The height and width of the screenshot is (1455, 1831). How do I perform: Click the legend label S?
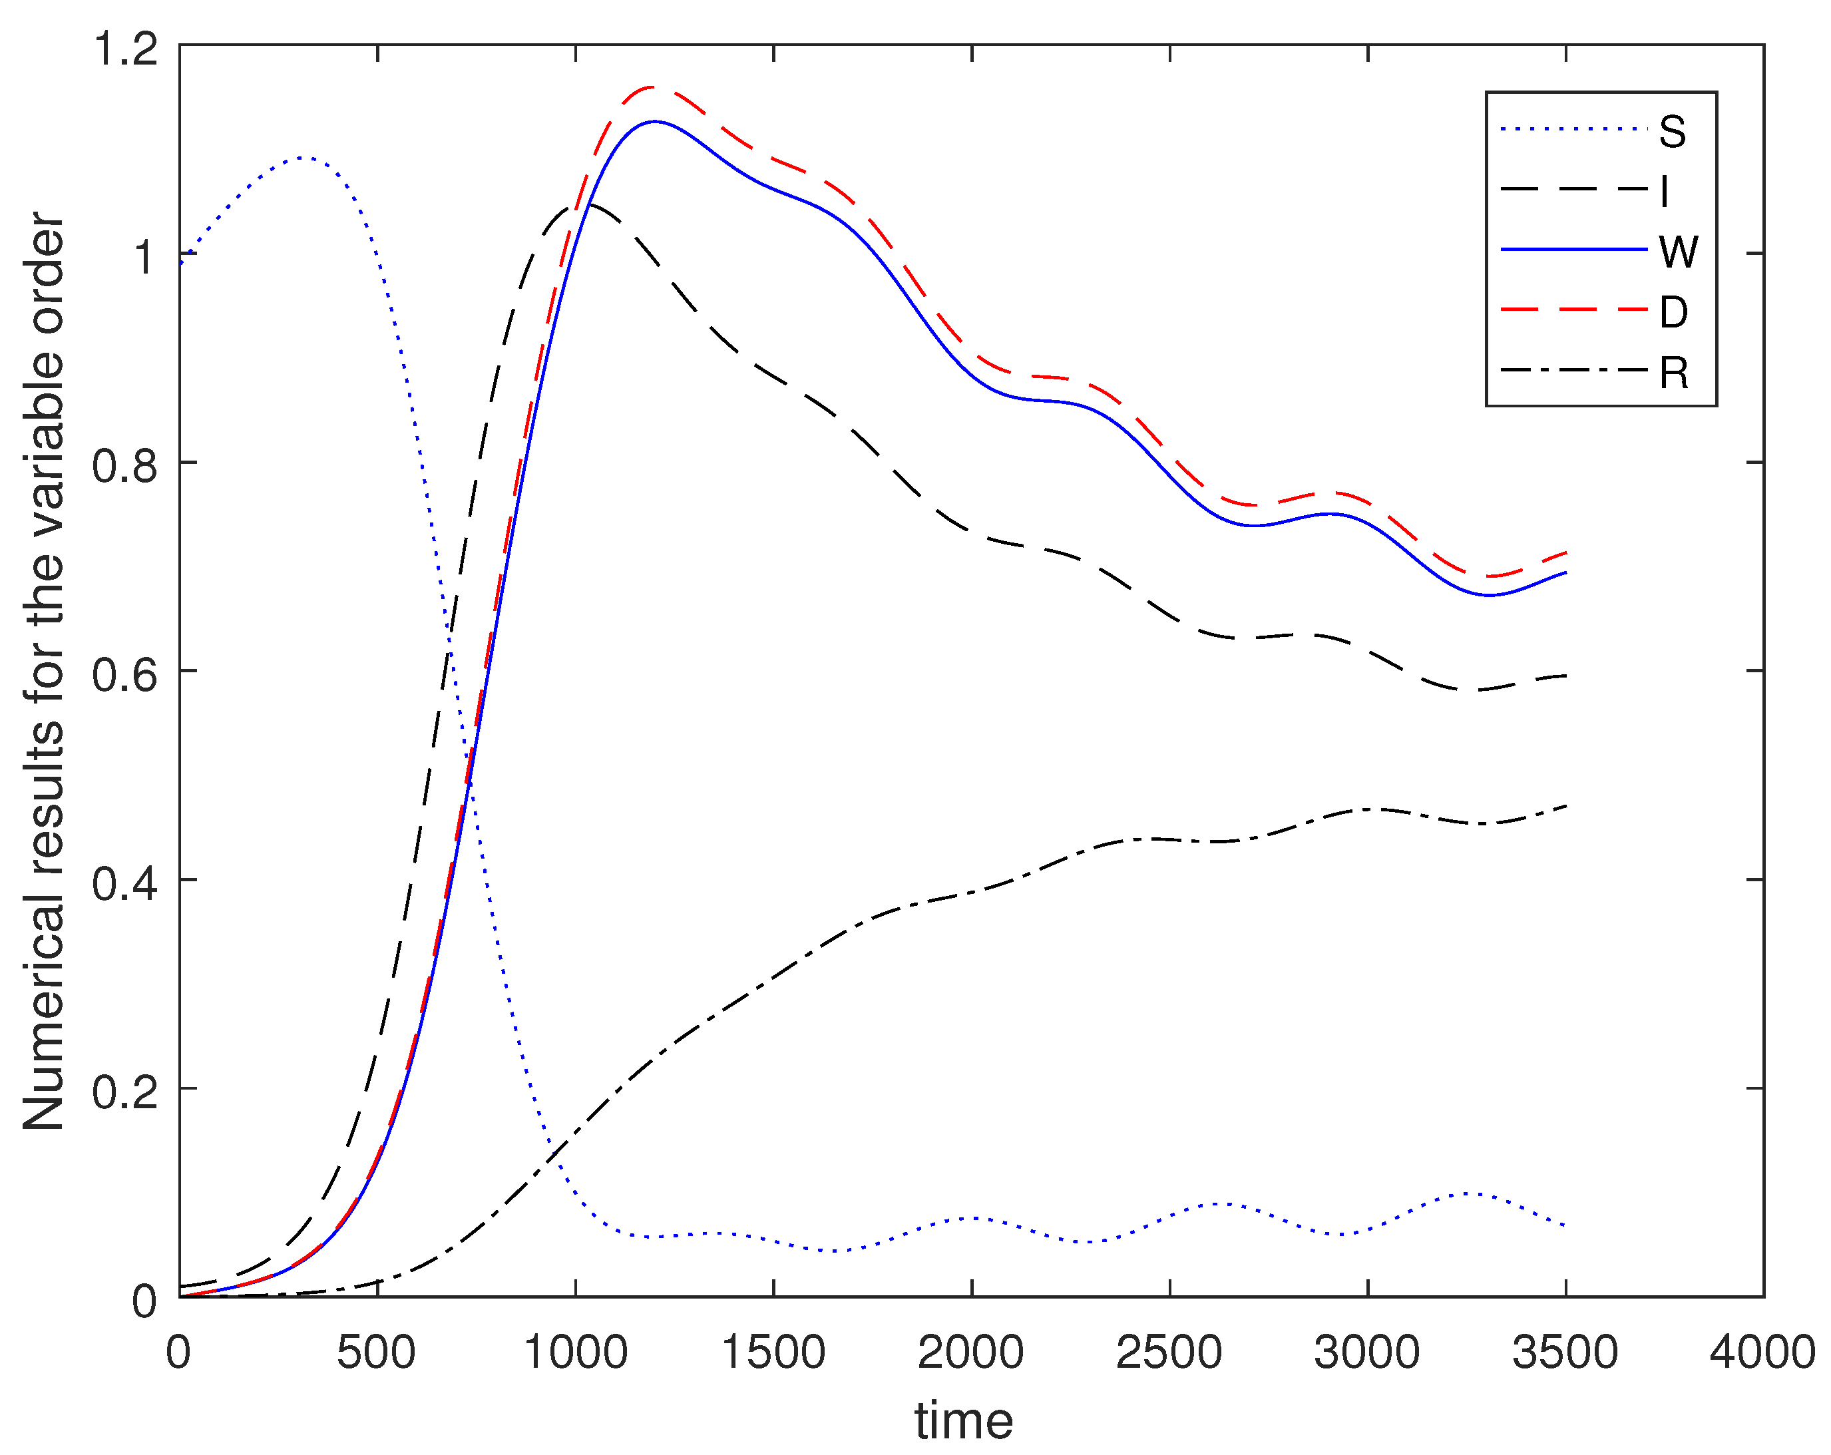coord(1672,132)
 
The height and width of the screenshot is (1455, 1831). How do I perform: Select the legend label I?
coord(1665,192)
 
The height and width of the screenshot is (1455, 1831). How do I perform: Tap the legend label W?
coord(1678,252)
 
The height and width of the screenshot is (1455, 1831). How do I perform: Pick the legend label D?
coord(1673,313)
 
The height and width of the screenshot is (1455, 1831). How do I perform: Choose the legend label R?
coord(1674,373)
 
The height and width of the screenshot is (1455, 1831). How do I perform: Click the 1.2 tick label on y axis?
coord(126,49)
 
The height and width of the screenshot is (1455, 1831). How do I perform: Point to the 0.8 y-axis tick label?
coord(126,465)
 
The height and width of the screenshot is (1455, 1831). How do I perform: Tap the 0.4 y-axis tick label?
coord(126,883)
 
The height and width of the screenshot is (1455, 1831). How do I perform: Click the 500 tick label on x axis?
coord(376,1352)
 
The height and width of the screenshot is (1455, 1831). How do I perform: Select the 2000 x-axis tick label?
coord(970,1352)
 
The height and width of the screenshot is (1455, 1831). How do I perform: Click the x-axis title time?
coord(964,1421)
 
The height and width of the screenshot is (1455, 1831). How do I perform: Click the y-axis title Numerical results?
coord(44,671)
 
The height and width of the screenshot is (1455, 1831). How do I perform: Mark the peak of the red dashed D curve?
coord(652,87)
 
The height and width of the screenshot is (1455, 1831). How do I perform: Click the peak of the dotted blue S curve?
coord(304,157)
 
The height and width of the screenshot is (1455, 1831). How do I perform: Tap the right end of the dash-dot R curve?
coord(1565,804)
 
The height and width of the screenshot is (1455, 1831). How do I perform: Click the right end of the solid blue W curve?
coord(1565,572)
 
